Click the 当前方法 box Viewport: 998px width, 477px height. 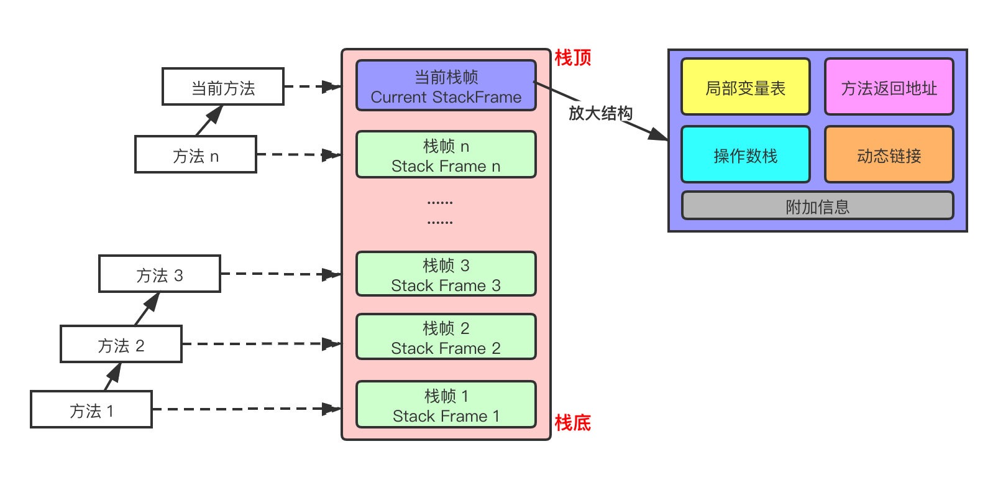pyautogui.click(x=222, y=87)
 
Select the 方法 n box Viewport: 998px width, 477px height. pyautogui.click(x=195, y=154)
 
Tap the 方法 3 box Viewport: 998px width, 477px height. pyautogui.click(x=159, y=274)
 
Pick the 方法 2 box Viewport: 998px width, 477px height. pyautogui.click(x=121, y=344)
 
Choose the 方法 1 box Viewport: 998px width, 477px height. pyautogui.click(x=91, y=410)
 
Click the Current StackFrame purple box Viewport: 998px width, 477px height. pyautogui.click(x=446, y=86)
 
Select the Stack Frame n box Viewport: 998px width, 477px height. pyautogui.click(x=446, y=155)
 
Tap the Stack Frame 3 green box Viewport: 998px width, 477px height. pyautogui.click(x=446, y=274)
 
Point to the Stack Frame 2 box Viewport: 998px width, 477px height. pyautogui.click(x=446, y=337)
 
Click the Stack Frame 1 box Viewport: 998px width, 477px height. pyautogui.click(x=446, y=405)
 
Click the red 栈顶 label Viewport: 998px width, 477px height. pyautogui.click(x=572, y=58)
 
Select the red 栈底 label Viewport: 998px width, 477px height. pyautogui.click(x=572, y=423)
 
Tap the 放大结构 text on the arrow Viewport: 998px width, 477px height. pyautogui.click(x=600, y=113)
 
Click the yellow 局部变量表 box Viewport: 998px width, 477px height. pyautogui.click(x=745, y=87)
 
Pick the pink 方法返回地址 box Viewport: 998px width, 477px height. pyautogui.click(x=889, y=87)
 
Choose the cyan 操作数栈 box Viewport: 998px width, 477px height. pyautogui.click(x=745, y=155)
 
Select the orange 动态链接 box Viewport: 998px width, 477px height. pyautogui.click(x=889, y=155)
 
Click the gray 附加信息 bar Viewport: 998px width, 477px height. pyautogui.click(x=817, y=206)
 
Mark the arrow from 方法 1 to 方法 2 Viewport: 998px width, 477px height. pyautogui.click(x=112, y=376)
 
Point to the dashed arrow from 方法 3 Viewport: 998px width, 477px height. pyautogui.click(x=280, y=274)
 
